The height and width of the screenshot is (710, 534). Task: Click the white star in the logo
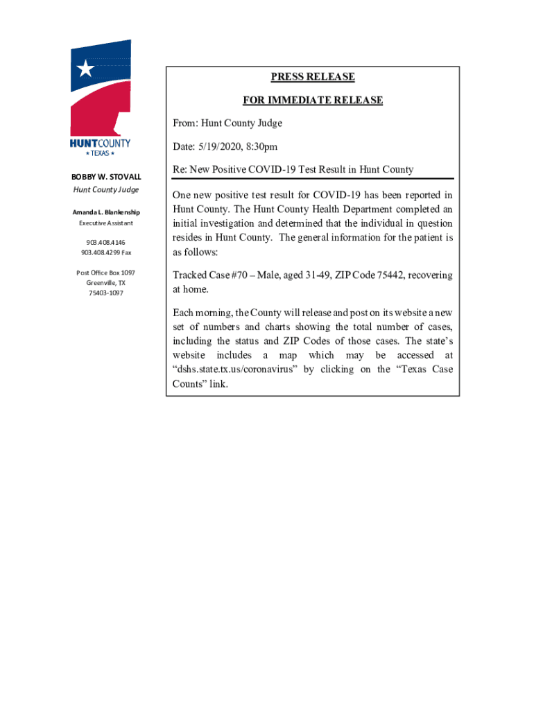[x=85, y=68]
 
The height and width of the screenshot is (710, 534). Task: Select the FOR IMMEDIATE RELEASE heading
[x=313, y=101]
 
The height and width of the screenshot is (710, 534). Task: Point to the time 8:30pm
[x=263, y=147]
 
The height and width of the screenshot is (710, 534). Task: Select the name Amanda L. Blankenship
[x=105, y=212]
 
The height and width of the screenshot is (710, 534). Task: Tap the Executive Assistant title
[x=105, y=223]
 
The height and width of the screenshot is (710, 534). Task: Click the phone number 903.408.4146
[x=105, y=243]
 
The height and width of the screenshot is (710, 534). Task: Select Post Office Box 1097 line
[x=105, y=273]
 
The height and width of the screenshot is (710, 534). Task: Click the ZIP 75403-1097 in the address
[x=105, y=293]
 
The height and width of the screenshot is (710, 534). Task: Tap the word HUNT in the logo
[x=85, y=144]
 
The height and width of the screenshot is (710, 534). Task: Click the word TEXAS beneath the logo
[x=101, y=153]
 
